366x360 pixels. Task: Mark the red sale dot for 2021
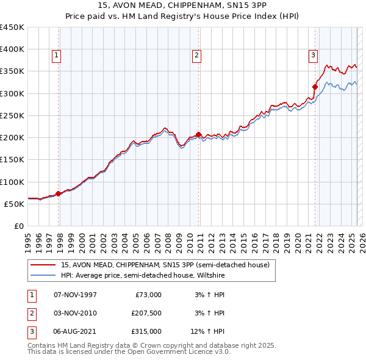(x=315, y=87)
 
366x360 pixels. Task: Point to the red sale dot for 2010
(x=199, y=134)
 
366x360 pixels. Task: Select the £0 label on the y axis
(x=18, y=226)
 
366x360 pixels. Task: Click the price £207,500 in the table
(x=146, y=313)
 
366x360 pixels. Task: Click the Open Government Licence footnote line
(x=129, y=352)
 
